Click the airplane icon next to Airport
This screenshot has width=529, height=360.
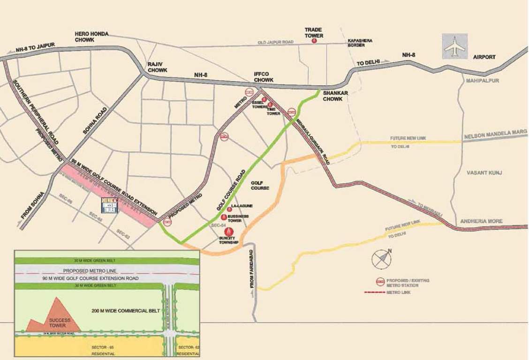coord(454,46)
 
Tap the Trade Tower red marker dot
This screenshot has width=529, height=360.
coord(314,41)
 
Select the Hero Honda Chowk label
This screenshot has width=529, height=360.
coord(91,37)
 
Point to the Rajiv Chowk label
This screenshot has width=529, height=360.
coord(158,67)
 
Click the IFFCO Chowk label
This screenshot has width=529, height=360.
coord(264,77)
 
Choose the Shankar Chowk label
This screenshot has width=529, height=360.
coord(335,96)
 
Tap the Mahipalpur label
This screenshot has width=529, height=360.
coord(482,81)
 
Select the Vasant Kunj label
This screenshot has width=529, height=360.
coord(484,173)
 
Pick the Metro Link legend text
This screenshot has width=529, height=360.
coord(399,292)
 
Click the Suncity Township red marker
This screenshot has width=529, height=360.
coord(229,231)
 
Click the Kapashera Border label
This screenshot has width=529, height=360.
coord(360,43)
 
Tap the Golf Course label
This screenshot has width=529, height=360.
coord(260,185)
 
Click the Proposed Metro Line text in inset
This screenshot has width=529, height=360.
coord(89,271)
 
